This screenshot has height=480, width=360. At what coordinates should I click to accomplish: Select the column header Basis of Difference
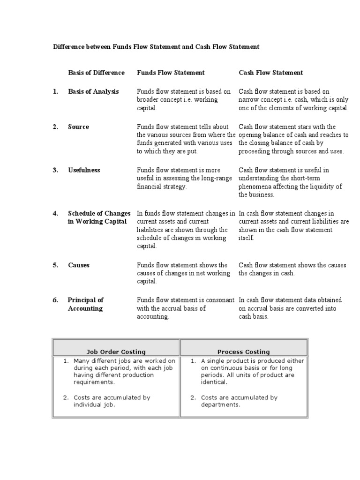[96, 73]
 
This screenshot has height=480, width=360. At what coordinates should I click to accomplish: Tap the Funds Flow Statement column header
[171, 73]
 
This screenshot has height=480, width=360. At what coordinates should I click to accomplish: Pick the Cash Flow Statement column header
[270, 73]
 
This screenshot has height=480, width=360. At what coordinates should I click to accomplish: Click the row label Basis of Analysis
[93, 91]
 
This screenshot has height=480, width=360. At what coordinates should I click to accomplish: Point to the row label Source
[78, 127]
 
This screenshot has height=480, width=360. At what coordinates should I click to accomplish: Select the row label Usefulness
[84, 170]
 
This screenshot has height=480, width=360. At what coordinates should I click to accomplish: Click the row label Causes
[79, 265]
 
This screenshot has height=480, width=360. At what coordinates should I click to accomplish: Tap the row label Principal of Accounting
[85, 304]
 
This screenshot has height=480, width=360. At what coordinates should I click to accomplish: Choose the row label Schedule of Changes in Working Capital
[99, 217]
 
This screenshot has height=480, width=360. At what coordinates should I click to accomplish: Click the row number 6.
[55, 300]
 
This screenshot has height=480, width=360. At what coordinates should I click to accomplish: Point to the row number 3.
[55, 170]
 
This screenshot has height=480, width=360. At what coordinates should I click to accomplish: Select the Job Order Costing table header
[116, 352]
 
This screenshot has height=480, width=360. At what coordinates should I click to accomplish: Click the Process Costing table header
[243, 352]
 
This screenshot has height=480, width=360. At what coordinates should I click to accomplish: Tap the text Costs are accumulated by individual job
[112, 401]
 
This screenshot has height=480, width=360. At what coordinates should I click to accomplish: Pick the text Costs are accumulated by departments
[239, 401]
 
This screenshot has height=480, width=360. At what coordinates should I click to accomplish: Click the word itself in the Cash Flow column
[247, 238]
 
